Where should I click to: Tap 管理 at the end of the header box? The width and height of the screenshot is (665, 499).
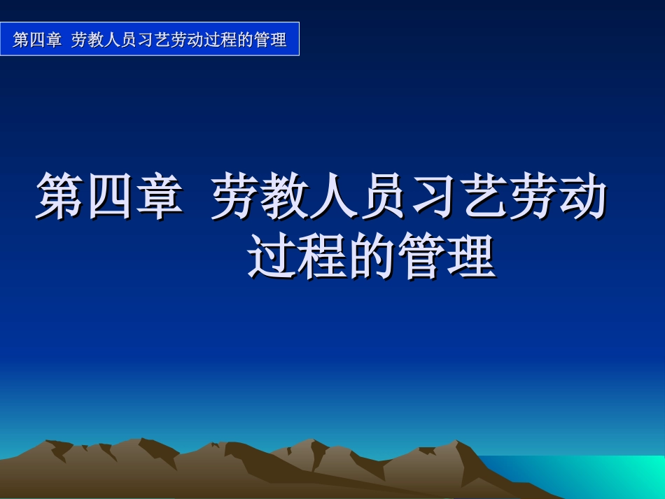271,40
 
